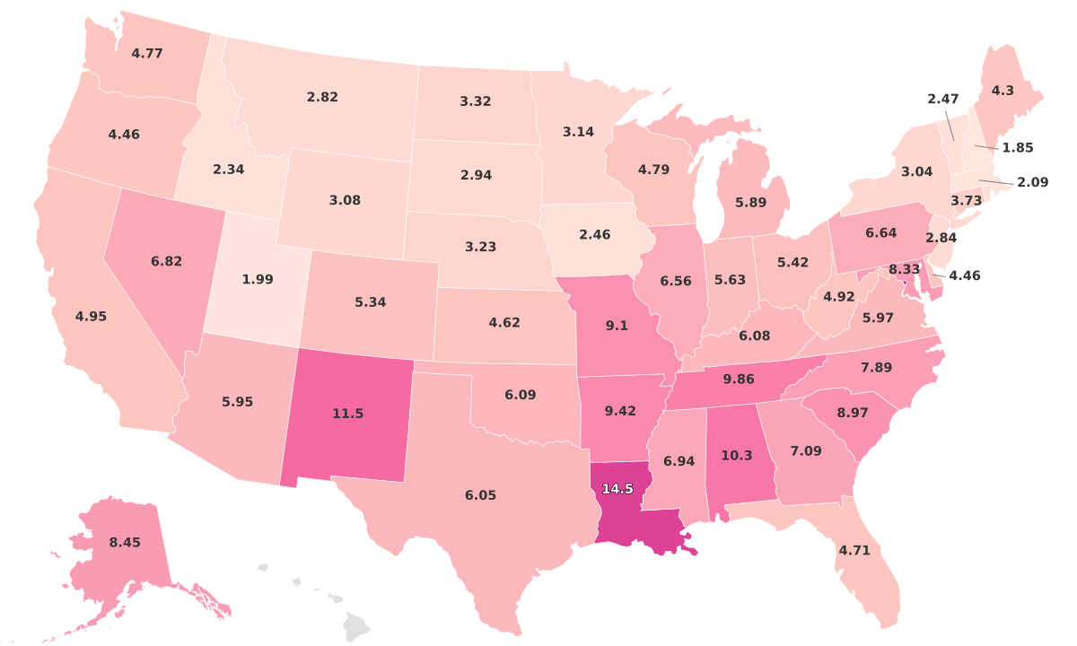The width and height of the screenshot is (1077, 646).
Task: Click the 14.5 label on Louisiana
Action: point(617,489)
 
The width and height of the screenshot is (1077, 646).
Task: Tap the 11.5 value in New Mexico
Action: point(347,414)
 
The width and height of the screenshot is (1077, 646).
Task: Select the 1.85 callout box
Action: point(1017,147)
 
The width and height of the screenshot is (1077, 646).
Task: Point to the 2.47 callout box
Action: point(943,99)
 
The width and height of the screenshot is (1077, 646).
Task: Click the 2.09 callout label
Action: point(1032,182)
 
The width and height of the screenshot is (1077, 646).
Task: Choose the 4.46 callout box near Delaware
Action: point(965,275)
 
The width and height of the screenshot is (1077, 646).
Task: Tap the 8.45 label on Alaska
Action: point(125,542)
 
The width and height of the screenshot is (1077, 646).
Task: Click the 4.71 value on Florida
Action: point(854,550)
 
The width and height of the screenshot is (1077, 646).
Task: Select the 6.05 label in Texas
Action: point(480,495)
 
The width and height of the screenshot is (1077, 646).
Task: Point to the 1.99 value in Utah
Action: point(257,279)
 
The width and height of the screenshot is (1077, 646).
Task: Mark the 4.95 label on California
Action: point(91,316)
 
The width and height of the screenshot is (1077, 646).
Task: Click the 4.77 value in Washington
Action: point(147,53)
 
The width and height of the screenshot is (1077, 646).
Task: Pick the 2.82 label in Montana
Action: point(322,97)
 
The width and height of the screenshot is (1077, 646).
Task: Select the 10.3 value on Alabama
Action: point(737,456)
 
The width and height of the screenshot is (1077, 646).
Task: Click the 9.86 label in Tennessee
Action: point(739,380)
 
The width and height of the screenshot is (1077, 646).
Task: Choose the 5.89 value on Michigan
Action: point(750,203)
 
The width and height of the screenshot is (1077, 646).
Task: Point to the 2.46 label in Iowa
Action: point(594,234)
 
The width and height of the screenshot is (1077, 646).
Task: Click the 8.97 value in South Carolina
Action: point(852,412)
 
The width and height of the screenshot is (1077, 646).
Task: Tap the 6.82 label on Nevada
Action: point(167,261)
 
